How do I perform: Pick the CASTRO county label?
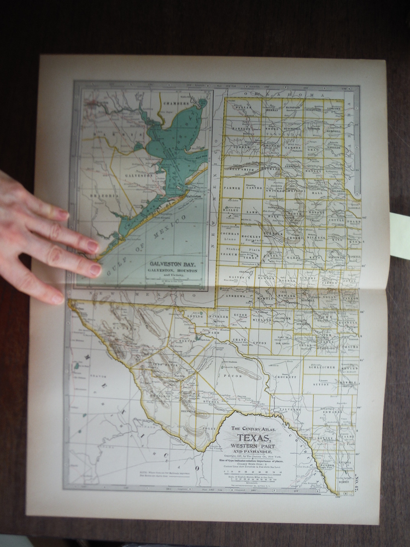pyautogui.click(x=254, y=187)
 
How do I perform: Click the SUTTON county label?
pyautogui.click(x=320, y=385)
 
